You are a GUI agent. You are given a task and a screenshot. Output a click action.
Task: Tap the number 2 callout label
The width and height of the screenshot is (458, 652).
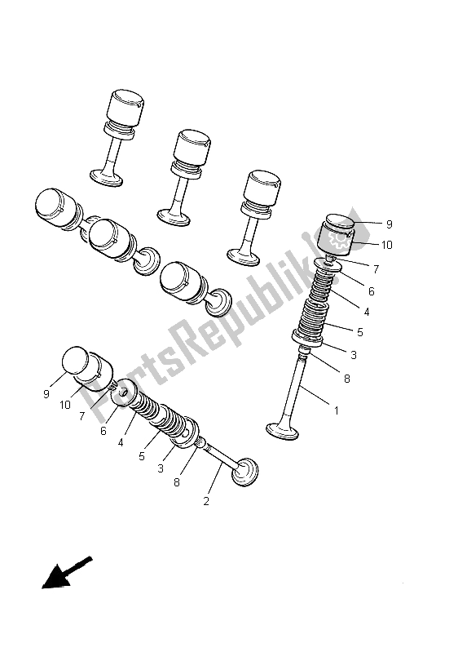point(206,501)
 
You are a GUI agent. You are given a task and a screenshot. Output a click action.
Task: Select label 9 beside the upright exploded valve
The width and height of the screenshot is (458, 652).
point(389,223)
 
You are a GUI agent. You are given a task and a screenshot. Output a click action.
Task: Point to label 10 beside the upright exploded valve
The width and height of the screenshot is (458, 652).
point(386,243)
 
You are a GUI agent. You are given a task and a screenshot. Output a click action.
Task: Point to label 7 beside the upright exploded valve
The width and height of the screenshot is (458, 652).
point(376,268)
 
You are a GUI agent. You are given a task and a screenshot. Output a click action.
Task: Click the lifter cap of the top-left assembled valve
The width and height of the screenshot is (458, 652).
point(125,106)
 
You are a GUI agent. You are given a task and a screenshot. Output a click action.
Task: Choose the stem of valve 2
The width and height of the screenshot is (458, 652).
point(219,454)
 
